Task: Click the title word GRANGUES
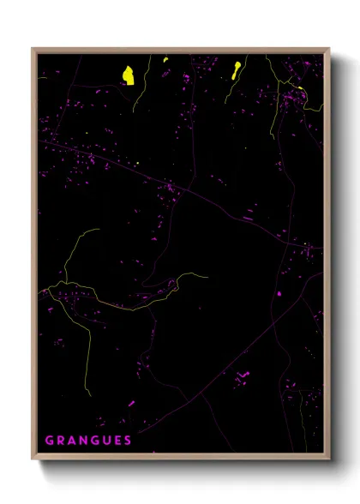coord(88,441)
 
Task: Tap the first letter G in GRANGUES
coord(49,441)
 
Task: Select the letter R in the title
coord(60,441)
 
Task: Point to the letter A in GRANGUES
coord(71,441)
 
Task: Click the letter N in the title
coord(83,441)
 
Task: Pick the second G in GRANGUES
coord(95,441)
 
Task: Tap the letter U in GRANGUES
coord(106,441)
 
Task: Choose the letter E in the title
coord(117,441)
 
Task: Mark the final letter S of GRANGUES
coord(128,441)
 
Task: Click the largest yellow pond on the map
coord(128,75)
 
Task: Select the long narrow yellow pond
coord(236,69)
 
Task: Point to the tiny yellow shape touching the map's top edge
coord(165,58)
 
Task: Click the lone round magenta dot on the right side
coord(279,294)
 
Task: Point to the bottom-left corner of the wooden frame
coord(33,456)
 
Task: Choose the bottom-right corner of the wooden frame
coord(328,456)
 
